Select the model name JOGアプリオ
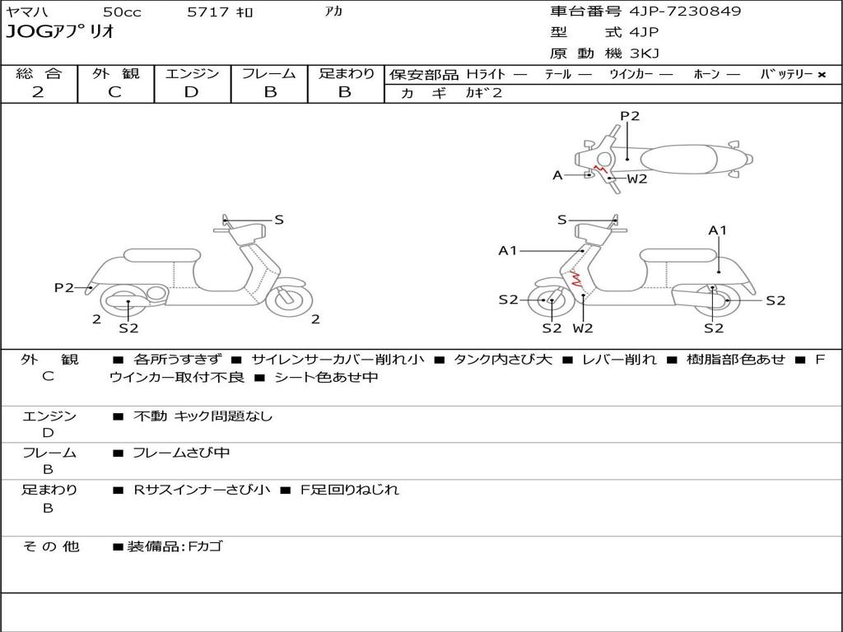(x=60, y=33)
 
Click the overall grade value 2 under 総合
(x=38, y=92)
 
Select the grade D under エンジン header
(x=191, y=92)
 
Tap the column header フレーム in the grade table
(x=269, y=74)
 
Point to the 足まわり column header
(x=346, y=74)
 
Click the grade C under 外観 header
(x=114, y=92)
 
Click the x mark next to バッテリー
(x=821, y=75)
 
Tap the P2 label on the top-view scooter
(x=630, y=116)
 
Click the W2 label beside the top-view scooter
(x=637, y=179)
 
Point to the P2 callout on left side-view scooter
(x=63, y=287)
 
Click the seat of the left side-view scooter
(x=161, y=255)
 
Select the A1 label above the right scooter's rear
(x=718, y=230)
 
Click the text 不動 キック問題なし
(x=203, y=416)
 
